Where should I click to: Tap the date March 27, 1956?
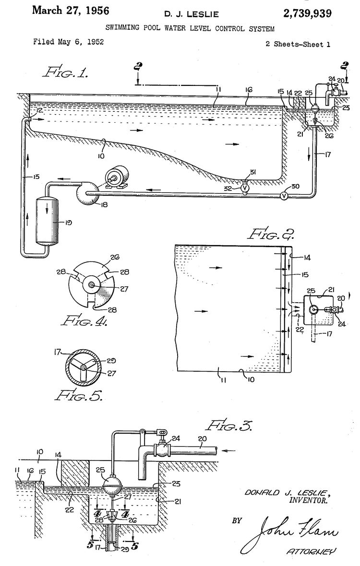(x=71, y=11)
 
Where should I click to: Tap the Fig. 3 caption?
(x=228, y=424)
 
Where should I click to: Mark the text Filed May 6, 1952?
(x=68, y=42)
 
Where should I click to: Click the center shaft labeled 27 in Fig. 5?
(x=84, y=367)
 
